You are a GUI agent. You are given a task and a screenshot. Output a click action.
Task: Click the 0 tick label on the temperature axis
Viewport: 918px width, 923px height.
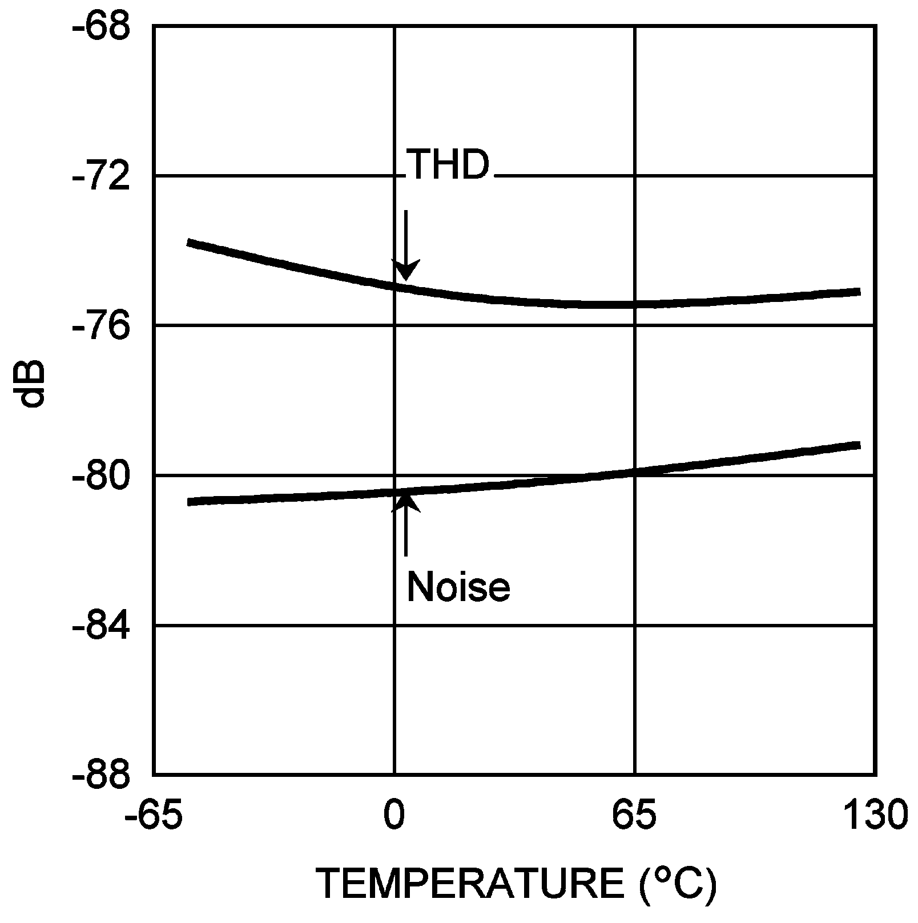pyautogui.click(x=393, y=815)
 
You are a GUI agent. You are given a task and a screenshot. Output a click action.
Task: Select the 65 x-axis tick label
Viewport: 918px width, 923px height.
pyautogui.click(x=634, y=815)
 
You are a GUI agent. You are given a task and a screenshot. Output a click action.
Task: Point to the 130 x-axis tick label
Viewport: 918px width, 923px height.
pyautogui.click(x=874, y=815)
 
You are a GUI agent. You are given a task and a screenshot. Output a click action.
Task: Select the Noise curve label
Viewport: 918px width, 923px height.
pyautogui.click(x=458, y=586)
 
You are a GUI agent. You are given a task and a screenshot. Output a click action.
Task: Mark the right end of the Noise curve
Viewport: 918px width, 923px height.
pyautogui.click(x=858, y=445)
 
